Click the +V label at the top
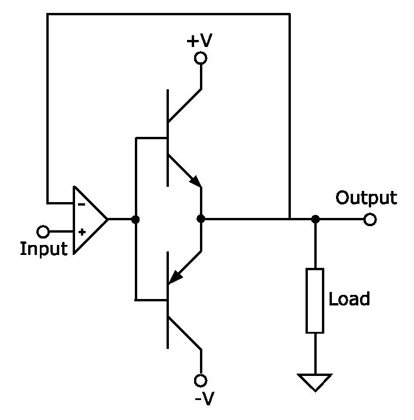(199, 41)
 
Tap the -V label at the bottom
(204, 399)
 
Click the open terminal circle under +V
(201, 58)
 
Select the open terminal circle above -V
(201, 380)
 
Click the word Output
(366, 198)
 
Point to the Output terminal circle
(369, 220)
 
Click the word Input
(44, 249)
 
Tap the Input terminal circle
(43, 231)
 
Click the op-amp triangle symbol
(88, 220)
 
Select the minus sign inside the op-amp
(81, 205)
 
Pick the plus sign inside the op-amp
(81, 232)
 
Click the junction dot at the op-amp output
(136, 220)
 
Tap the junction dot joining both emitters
(201, 219)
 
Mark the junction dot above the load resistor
(315, 219)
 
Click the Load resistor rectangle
(315, 300)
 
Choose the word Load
(349, 299)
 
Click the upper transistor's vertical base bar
(168, 137)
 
